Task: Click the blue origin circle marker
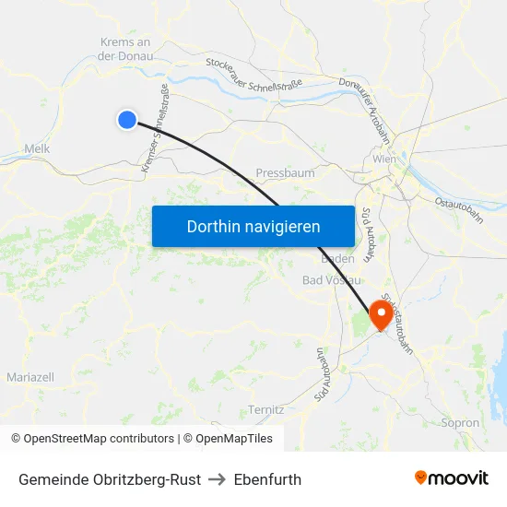pos(127,119)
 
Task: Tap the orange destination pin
pos(380,316)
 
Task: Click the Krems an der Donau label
pos(124,49)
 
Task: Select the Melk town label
pos(37,148)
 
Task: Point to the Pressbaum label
pos(285,172)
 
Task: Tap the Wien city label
pos(384,159)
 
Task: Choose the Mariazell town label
pos(30,377)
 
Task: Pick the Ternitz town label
pos(266,408)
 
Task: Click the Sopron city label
pos(461,423)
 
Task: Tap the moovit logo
pos(452,478)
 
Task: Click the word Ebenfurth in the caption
pos(267,479)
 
